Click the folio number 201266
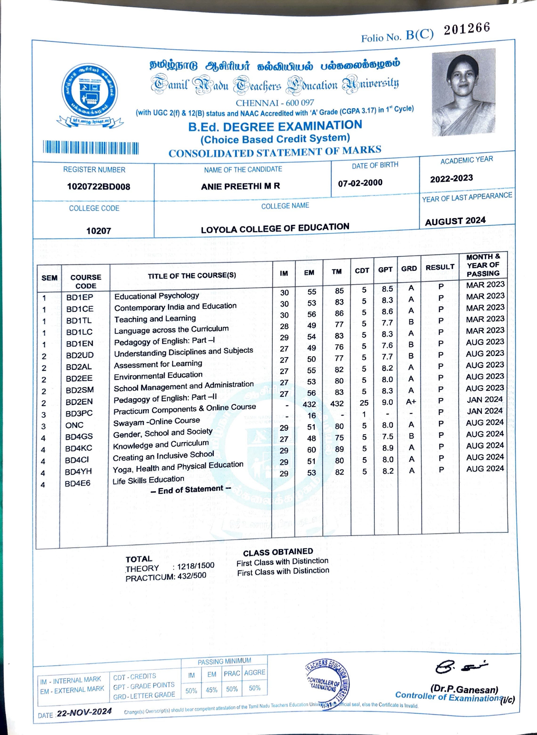[467, 29]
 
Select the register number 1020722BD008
[98, 187]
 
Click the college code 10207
[98, 231]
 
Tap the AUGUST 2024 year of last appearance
[455, 221]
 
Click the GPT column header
[385, 269]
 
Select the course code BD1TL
[79, 320]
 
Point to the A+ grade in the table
[411, 402]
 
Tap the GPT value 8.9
[388, 448]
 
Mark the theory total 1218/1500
[196, 566]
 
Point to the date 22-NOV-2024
[84, 712]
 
